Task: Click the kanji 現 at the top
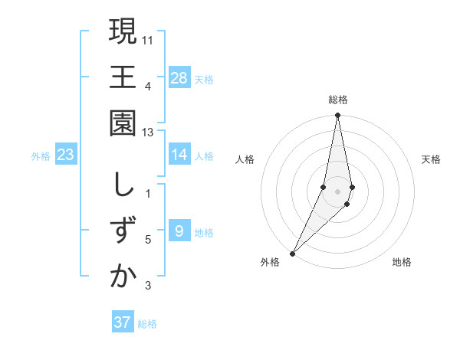(x=123, y=31)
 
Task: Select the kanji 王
(x=123, y=78)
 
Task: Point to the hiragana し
(x=123, y=185)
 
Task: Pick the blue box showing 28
(x=179, y=77)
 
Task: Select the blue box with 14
(x=179, y=155)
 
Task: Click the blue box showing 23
(x=66, y=155)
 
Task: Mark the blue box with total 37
(x=123, y=322)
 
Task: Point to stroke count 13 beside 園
(x=149, y=133)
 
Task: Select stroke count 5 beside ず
(x=149, y=240)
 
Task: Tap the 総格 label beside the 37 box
(x=147, y=324)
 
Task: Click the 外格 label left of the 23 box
(x=41, y=156)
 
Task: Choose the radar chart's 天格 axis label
(x=431, y=160)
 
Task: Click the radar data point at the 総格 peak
(x=337, y=116)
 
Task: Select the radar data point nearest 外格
(x=292, y=253)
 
